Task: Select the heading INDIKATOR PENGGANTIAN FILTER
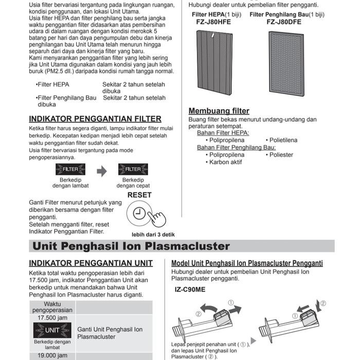(95, 119)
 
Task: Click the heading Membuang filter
(211, 111)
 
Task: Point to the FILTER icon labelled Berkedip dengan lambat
(70, 169)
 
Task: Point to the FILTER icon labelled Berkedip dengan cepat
(133, 169)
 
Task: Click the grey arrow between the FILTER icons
(102, 171)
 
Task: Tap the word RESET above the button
(139, 195)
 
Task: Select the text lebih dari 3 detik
(153, 235)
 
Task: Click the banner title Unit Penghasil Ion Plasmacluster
(131, 246)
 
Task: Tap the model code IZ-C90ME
(190, 290)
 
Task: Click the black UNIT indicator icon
(52, 330)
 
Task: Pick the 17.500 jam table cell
(52, 318)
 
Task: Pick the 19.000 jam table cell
(52, 355)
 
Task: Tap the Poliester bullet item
(279, 155)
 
